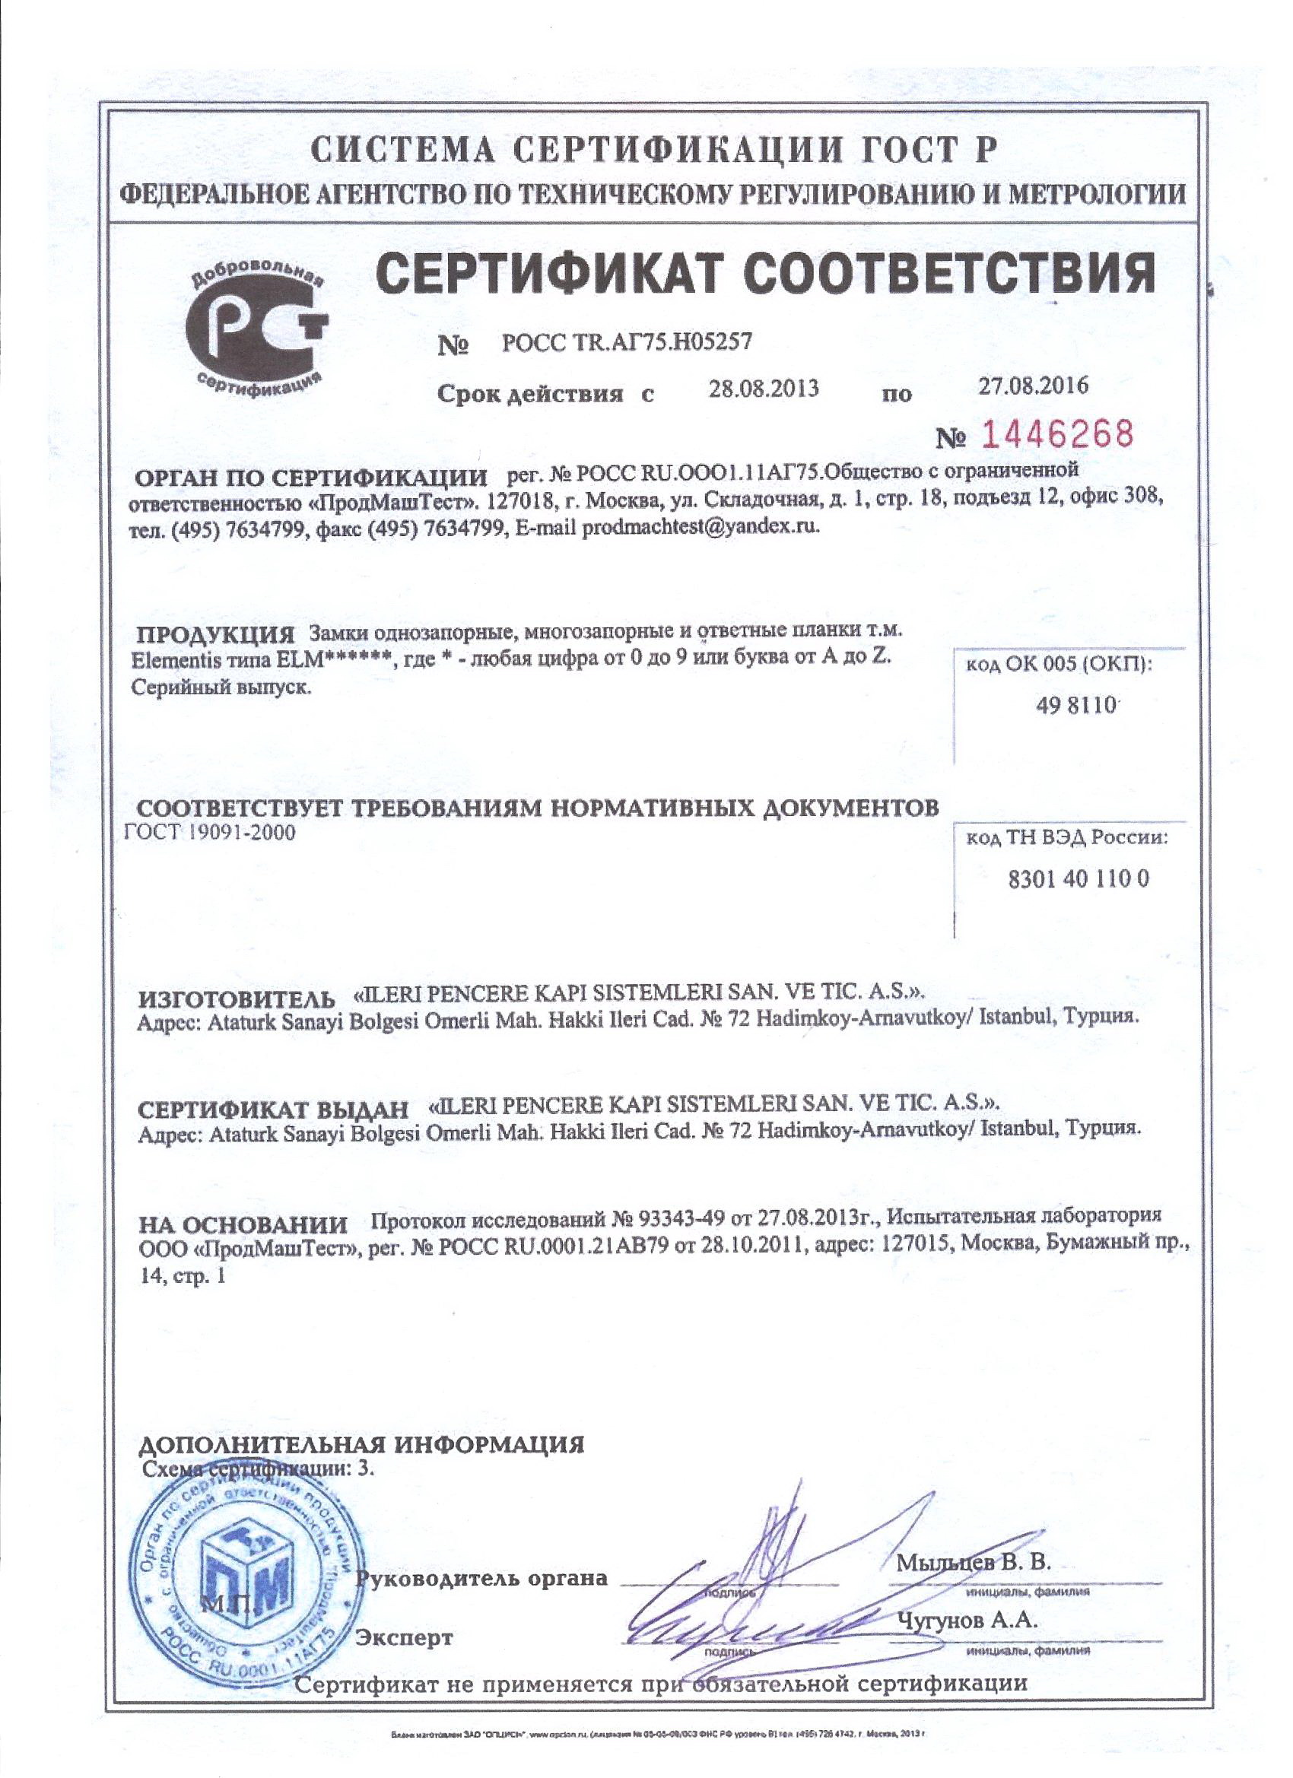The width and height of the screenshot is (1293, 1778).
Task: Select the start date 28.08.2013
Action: click(x=764, y=388)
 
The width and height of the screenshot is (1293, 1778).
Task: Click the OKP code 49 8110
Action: click(x=1075, y=705)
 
